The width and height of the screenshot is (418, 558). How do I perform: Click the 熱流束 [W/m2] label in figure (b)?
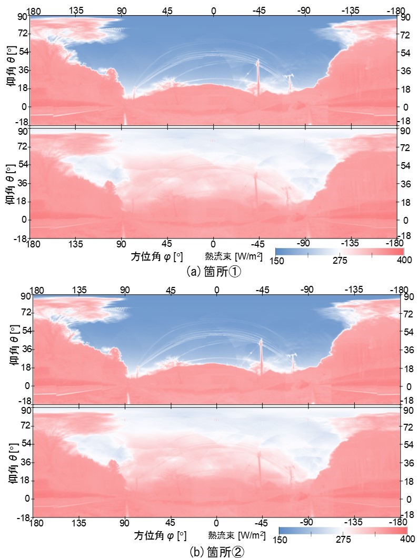point(235,535)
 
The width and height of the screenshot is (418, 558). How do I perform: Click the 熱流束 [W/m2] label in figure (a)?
point(233,256)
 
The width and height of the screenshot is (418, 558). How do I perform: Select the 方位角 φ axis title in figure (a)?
point(156,256)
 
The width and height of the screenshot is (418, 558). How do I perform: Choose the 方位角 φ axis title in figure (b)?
point(160,535)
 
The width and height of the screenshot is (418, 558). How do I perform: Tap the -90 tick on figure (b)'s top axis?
point(307,289)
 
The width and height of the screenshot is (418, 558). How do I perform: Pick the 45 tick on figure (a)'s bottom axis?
point(167,244)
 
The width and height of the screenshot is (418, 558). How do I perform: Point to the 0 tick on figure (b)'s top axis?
point(216,289)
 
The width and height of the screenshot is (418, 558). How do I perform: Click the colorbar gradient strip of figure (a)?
point(340,251)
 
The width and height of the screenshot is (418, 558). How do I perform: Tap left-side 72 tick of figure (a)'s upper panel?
point(23,33)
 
